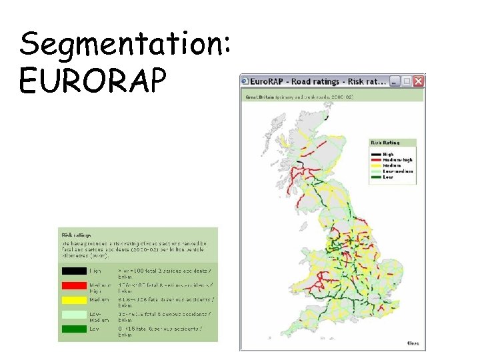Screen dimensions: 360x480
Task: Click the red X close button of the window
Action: click(418, 81)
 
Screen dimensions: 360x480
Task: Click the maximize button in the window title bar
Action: click(406, 81)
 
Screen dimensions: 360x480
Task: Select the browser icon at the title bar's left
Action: click(245, 81)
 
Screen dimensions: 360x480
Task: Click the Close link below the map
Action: click(413, 343)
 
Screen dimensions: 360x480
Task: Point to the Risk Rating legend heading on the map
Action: click(385, 143)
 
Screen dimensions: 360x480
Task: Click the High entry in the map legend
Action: click(387, 154)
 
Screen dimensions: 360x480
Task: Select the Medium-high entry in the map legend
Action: click(393, 160)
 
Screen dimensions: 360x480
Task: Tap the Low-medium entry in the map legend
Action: click(393, 171)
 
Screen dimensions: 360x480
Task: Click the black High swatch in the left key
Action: click(74, 271)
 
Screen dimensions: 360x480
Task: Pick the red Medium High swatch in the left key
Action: click(74, 286)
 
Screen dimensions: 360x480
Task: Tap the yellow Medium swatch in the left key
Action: click(74, 300)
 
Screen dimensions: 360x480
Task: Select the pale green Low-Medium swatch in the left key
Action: click(74, 315)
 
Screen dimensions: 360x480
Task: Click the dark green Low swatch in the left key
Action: click(74, 329)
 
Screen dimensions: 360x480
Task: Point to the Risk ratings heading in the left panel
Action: click(77, 235)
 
